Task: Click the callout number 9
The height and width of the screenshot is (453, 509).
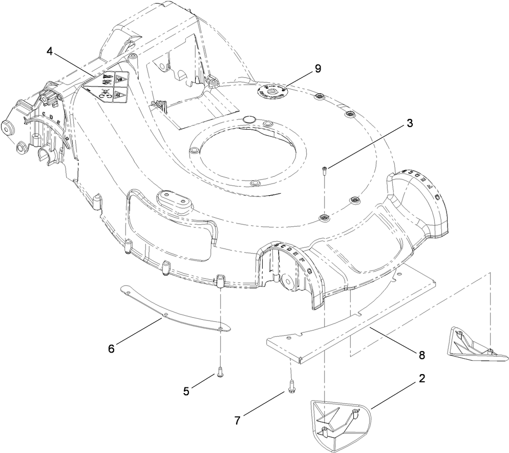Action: [x=318, y=69]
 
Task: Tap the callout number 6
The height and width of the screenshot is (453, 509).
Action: [x=111, y=348]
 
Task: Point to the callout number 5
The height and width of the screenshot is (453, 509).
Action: [x=186, y=391]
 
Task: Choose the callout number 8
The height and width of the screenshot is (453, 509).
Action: [x=421, y=354]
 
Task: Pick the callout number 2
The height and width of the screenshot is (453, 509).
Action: [x=421, y=379]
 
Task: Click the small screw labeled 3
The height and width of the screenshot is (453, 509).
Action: [x=324, y=171]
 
